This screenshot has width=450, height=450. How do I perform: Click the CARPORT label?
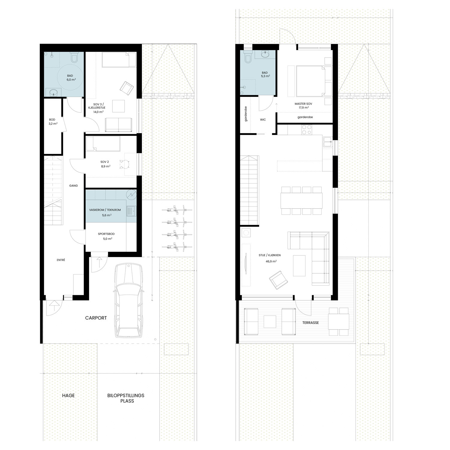(96, 318)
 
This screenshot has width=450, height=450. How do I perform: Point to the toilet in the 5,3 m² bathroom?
(248, 58)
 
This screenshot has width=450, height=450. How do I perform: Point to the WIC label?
(263, 119)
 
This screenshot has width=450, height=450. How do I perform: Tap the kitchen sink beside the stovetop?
(327, 141)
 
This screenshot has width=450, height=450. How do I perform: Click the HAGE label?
(68, 395)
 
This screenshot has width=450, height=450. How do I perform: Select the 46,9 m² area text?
(271, 261)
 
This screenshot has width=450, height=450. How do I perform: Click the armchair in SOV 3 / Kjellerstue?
(126, 88)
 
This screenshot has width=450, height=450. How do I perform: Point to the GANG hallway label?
(73, 186)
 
